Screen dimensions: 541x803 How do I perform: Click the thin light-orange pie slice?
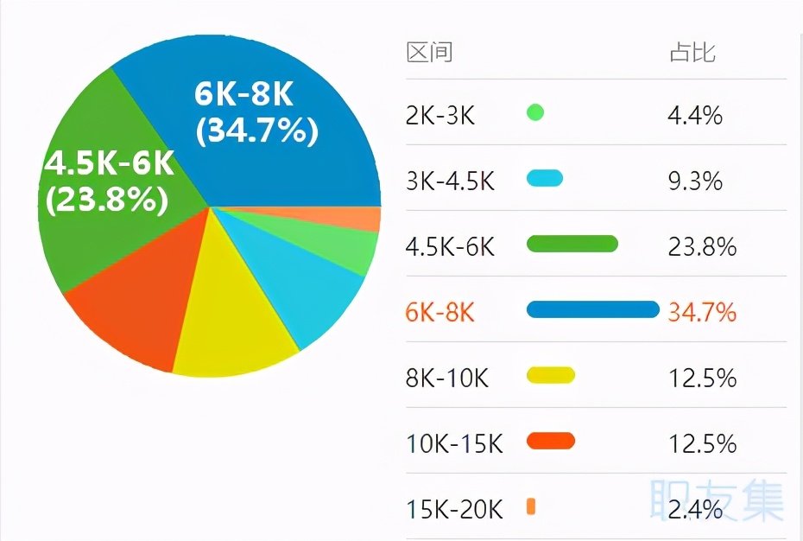[367, 220]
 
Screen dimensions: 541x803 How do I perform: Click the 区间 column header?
[429, 53]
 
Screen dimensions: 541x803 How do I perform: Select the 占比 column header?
[692, 53]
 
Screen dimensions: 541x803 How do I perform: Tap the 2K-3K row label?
[440, 115]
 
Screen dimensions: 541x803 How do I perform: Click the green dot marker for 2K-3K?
[535, 112]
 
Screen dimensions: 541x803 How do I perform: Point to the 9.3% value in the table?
[695, 181]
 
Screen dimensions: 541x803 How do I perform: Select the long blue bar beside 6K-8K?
[592, 309]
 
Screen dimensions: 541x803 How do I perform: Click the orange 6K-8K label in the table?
[440, 312]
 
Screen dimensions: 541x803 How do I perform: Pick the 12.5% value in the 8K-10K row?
[702, 378]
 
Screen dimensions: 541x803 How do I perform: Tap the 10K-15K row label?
[454, 444]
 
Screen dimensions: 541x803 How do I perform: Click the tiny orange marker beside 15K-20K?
[531, 507]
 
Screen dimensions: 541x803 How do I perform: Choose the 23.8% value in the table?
[702, 247]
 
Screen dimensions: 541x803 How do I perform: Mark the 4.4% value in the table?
[695, 115]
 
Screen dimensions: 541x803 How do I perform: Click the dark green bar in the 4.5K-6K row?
[572, 244]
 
